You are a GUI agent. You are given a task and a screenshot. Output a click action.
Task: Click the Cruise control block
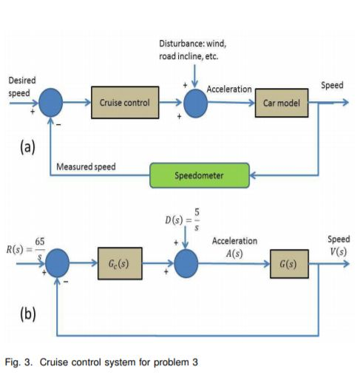click(124, 103)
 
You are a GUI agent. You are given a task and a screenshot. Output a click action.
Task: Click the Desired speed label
click(19, 86)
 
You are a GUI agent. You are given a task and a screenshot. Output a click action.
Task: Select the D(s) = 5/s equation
click(181, 220)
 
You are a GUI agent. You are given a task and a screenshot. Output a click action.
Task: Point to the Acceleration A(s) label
click(234, 246)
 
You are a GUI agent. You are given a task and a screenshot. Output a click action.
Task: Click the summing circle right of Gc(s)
click(187, 264)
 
